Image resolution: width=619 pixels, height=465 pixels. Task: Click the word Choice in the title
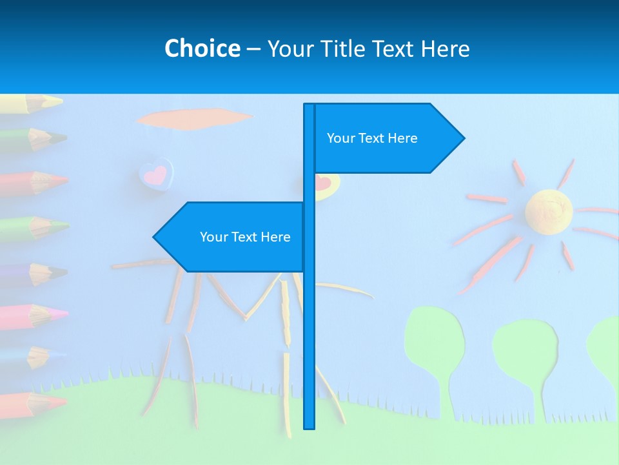pyautogui.click(x=202, y=48)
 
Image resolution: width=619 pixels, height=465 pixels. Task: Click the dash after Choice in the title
pyautogui.click(x=253, y=49)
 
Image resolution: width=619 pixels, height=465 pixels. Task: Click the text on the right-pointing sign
pyautogui.click(x=372, y=138)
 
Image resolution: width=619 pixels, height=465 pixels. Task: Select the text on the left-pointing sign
pyautogui.click(x=245, y=237)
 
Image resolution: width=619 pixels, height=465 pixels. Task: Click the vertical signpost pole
pyautogui.click(x=309, y=323)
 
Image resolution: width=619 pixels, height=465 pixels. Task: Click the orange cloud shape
pyautogui.click(x=193, y=119)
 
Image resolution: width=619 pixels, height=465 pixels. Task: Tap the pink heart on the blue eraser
pyautogui.click(x=156, y=174)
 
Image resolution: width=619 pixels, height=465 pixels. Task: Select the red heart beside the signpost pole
pyautogui.click(x=323, y=183)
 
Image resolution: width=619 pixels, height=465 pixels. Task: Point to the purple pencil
pyautogui.click(x=32, y=273)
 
